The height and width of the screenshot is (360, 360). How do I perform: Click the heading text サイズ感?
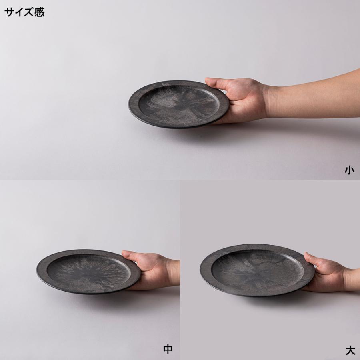pos(24,12)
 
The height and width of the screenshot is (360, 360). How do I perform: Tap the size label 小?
pos(349,170)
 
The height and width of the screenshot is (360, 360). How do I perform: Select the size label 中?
pos(168,349)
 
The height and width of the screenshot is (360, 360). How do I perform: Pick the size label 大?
pos(350,350)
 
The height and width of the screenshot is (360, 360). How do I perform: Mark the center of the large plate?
pos(256,268)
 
